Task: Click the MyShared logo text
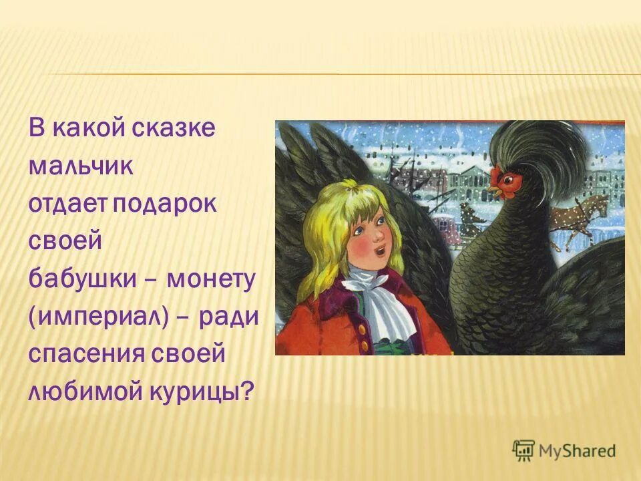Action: coord(577,451)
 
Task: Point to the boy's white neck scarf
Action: coord(389,294)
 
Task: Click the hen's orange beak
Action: coord(493,191)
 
